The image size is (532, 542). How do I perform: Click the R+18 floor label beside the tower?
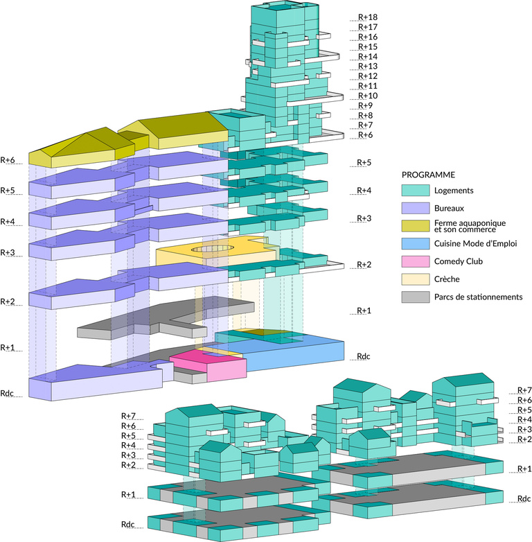pyautogui.click(x=368, y=17)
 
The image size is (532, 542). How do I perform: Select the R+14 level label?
pyautogui.click(x=368, y=56)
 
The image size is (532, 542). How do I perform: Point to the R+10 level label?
pyautogui.click(x=368, y=96)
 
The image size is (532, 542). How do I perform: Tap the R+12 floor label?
pyautogui.click(x=368, y=76)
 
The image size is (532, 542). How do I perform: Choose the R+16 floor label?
pyautogui.click(x=368, y=37)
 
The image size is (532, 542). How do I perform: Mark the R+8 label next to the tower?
pyautogui.click(x=366, y=115)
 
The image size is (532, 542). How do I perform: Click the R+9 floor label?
pyautogui.click(x=366, y=105)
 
